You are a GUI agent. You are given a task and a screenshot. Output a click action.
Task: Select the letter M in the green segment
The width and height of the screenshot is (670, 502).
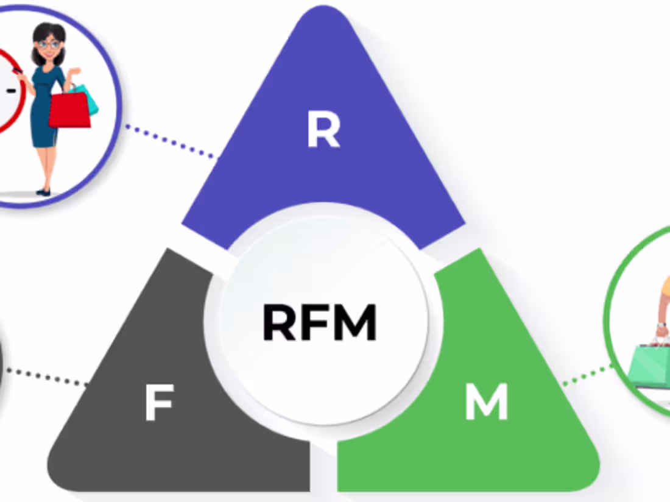[x=487, y=401]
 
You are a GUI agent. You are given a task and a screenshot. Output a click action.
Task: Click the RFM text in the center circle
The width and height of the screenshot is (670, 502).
[x=319, y=323]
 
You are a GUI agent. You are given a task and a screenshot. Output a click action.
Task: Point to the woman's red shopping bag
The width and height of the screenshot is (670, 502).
[x=69, y=110]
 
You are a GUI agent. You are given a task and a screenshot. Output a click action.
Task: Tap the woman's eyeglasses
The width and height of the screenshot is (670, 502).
[x=49, y=44]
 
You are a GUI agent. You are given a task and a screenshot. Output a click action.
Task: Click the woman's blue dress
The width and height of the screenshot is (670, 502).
[x=44, y=110]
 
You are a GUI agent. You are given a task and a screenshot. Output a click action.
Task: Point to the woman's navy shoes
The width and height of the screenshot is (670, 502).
[x=43, y=192]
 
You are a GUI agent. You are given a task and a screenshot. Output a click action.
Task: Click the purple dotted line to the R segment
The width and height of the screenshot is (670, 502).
[x=171, y=143]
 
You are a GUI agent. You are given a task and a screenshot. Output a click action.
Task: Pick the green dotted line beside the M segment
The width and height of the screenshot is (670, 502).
[x=587, y=375]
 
